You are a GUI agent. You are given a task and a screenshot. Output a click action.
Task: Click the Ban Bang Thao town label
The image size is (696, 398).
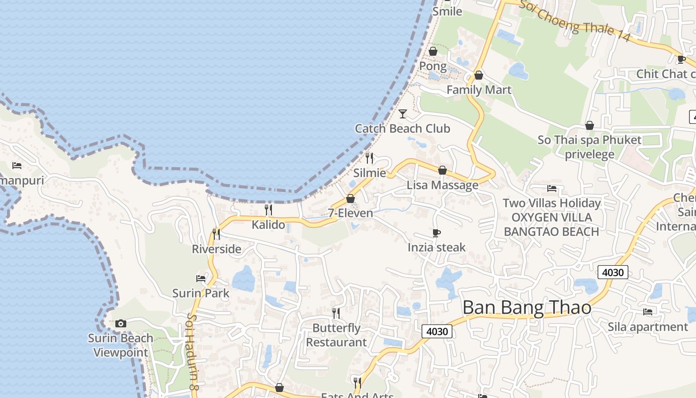527,307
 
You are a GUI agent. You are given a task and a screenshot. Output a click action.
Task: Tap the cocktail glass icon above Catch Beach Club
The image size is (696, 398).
403,114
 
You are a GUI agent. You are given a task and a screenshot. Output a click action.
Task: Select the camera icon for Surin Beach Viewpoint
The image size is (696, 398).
120,324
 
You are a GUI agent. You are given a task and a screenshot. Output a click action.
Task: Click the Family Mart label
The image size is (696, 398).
479,90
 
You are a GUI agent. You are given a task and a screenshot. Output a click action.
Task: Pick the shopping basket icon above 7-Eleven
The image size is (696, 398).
350,199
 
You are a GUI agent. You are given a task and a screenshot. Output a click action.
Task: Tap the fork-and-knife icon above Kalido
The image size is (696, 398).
268,209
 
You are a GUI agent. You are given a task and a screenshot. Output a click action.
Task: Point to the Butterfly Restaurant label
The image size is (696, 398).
336,335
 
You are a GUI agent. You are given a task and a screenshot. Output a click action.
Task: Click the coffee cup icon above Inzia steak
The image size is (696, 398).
436,233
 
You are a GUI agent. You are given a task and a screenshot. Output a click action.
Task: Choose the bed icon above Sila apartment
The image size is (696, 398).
648,312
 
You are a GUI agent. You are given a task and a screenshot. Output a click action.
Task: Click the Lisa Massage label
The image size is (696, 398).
442,185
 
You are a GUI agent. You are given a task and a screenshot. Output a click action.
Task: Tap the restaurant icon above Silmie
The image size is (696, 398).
369,158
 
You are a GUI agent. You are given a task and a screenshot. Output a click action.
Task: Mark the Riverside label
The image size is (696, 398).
217,249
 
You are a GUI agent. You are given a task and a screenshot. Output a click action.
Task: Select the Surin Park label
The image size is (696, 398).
201,293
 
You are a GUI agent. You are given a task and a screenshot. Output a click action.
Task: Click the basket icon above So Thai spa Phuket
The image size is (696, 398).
590,125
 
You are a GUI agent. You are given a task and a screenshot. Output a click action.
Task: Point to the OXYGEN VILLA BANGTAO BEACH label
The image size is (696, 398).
551,224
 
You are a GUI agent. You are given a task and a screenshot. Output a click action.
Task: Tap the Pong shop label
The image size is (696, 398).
433,66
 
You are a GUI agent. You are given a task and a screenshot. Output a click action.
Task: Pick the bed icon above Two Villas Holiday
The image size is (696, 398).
552,189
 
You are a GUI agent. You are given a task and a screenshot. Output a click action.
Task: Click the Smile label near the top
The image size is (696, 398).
447,11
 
